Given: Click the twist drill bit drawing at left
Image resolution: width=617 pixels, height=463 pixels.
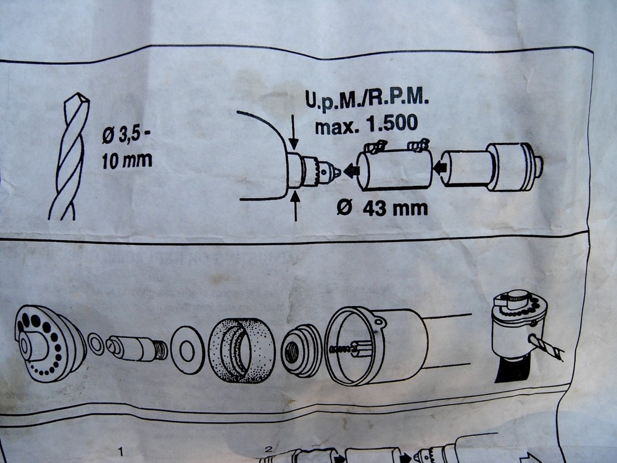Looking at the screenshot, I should click(x=69, y=157).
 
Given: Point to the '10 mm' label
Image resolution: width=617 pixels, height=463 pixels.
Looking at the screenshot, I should click(x=126, y=162).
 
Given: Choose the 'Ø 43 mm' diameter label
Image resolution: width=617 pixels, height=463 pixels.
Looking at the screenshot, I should click(x=383, y=208).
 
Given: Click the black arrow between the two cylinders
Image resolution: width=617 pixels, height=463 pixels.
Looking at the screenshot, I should click(x=440, y=166).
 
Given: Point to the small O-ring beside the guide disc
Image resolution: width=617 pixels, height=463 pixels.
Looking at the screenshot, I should click(x=96, y=344).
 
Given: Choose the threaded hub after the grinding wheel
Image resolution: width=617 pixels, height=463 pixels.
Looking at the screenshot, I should click(x=300, y=349).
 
